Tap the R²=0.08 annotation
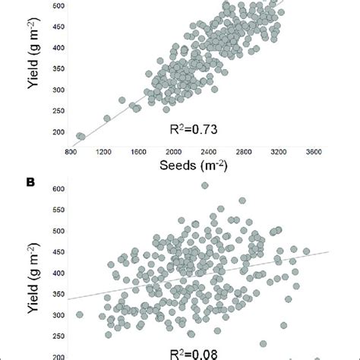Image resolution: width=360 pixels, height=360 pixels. tap(191, 352)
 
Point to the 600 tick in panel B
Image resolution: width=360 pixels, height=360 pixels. tap(58, 188)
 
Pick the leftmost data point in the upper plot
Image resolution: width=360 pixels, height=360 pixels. tap(80, 137)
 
